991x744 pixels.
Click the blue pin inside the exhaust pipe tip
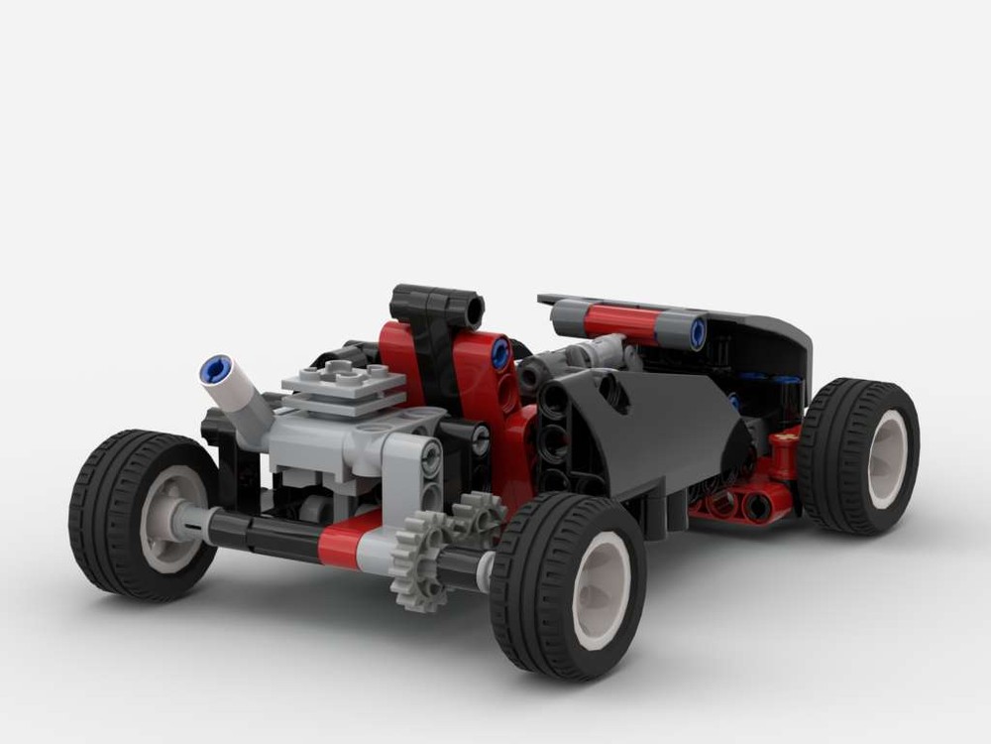tap(215, 369)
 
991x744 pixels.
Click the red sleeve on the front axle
tap(350, 543)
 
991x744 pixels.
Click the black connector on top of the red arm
tap(436, 306)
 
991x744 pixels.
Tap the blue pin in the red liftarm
tap(500, 350)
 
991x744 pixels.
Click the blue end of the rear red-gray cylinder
tap(698, 332)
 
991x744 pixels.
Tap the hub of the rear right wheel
tap(885, 459)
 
